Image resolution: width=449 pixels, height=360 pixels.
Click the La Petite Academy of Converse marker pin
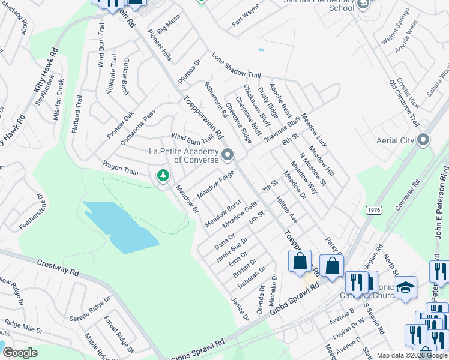tap(228, 155)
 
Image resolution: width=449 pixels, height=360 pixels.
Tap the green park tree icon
tap(162, 176)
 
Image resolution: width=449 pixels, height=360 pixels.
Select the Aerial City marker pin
tap(423, 140)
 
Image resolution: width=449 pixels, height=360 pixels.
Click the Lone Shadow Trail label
tap(236, 65)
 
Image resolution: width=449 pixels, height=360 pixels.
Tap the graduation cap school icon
tap(405, 287)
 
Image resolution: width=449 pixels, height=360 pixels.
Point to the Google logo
tap(20, 353)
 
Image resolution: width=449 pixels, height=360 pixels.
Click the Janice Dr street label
tap(240, 307)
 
